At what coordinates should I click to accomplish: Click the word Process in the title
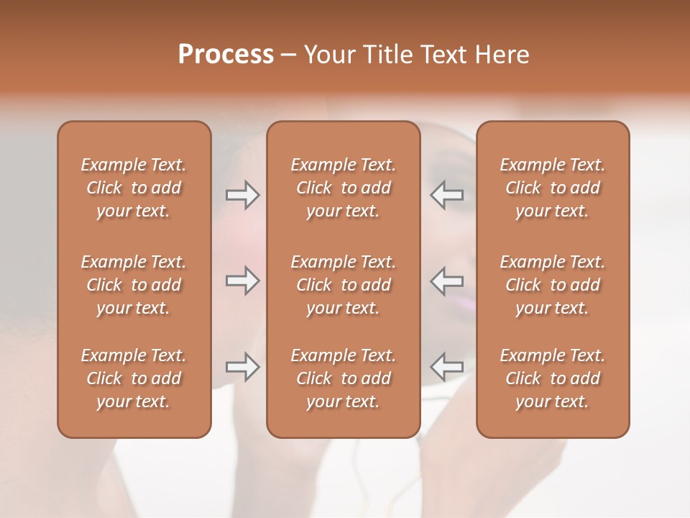226,55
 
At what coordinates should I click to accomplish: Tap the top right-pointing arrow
242,195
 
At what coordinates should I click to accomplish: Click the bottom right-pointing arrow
242,367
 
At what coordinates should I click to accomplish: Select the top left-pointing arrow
447,195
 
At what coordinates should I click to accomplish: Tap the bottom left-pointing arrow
447,367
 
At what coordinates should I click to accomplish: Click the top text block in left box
134,188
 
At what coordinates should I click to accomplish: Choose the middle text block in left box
134,285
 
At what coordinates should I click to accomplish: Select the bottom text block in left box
134,378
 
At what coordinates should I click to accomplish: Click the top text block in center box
343,188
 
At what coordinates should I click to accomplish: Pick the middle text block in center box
343,285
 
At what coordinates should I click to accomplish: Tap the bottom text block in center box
343,378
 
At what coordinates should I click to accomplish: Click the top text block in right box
552,188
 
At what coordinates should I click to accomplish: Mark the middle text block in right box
552,285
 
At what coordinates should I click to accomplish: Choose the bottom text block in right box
552,378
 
